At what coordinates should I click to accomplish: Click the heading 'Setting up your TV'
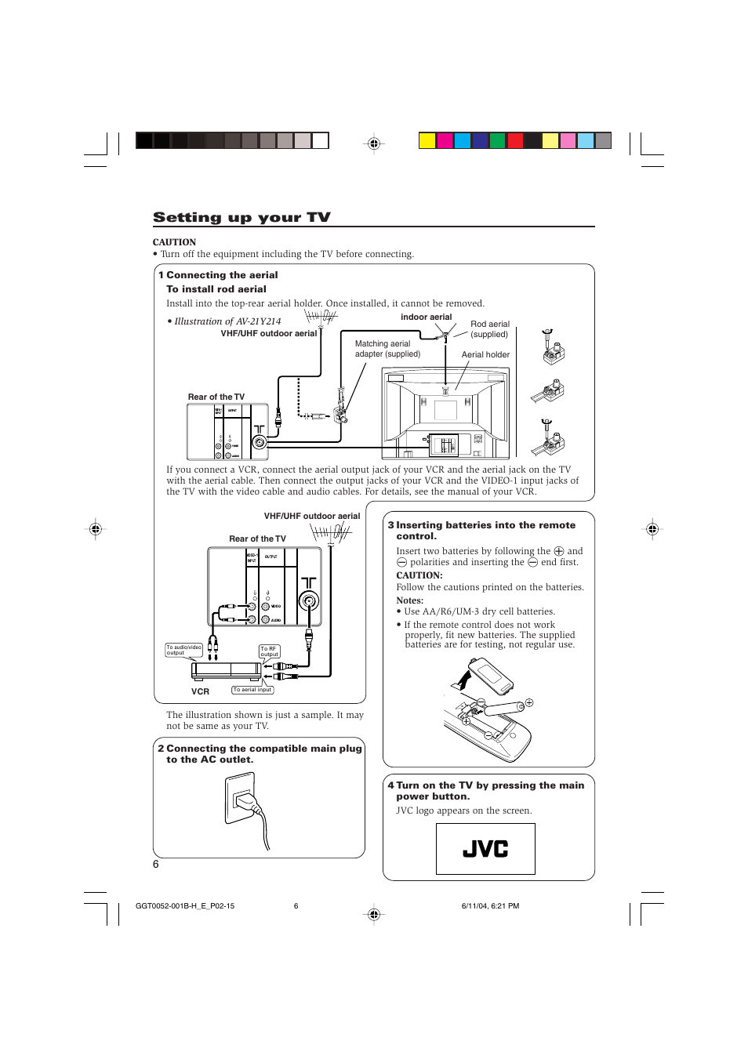(x=241, y=217)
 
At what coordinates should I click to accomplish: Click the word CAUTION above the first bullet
(x=174, y=242)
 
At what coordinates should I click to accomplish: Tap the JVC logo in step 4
(x=485, y=849)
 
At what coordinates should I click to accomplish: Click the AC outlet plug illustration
(x=250, y=807)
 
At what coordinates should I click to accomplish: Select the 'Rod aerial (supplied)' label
(x=489, y=329)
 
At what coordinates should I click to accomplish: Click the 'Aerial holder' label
(x=485, y=354)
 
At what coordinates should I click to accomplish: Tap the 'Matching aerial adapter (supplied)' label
(x=387, y=349)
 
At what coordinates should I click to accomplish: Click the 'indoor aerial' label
(x=426, y=317)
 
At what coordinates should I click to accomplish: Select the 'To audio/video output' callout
(x=183, y=650)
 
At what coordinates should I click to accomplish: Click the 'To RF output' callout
(x=269, y=651)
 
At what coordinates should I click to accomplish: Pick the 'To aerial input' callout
(x=252, y=690)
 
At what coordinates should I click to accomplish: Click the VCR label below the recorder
(x=200, y=691)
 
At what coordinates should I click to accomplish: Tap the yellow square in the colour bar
(x=427, y=141)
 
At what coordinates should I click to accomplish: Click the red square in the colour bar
(x=515, y=141)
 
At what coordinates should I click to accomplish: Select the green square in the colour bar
(x=497, y=141)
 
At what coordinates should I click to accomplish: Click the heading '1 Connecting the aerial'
(x=218, y=275)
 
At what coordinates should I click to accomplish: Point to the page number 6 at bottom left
(x=156, y=864)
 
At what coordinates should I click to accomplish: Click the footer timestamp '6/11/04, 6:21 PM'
(x=490, y=906)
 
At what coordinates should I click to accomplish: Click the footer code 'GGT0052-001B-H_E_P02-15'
(x=185, y=906)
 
